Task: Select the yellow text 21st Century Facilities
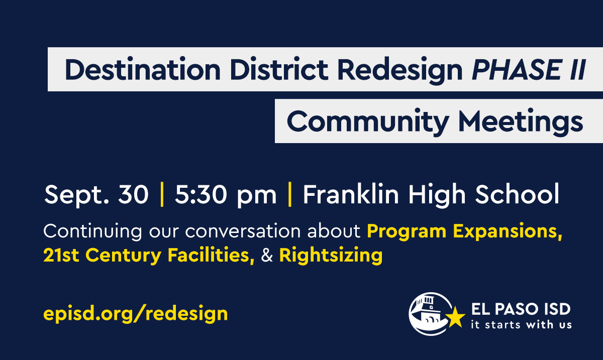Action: (149, 256)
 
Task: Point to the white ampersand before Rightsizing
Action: (267, 256)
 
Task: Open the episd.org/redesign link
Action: (136, 314)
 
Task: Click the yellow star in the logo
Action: (456, 317)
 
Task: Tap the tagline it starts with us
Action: (521, 324)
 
